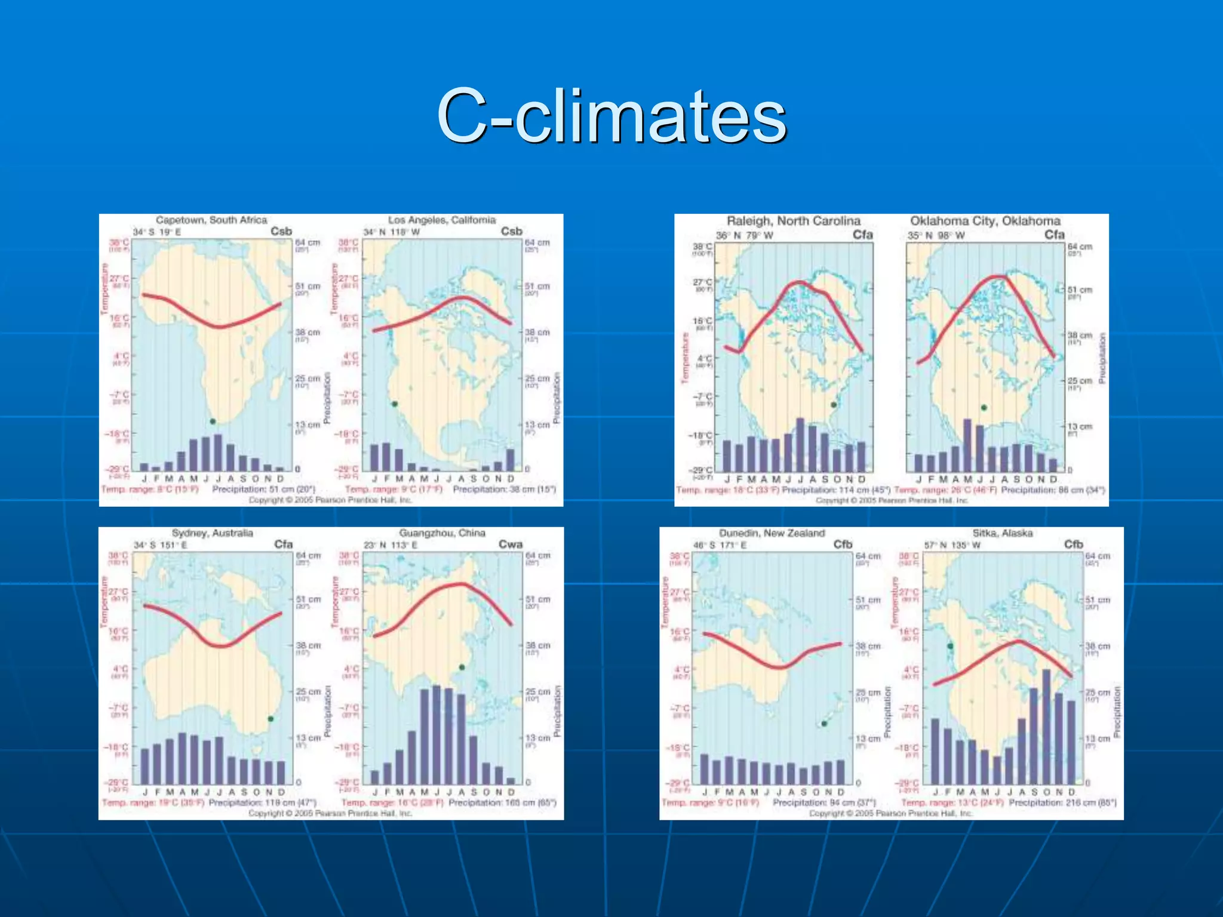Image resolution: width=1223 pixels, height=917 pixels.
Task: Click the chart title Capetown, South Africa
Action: [211, 220]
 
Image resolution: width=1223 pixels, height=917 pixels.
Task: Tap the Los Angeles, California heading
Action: [442, 220]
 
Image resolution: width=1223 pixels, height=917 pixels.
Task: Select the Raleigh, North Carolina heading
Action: [794, 221]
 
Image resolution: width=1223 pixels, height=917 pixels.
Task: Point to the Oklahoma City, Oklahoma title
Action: [985, 221]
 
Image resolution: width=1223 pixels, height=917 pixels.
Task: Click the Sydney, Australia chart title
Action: [212, 533]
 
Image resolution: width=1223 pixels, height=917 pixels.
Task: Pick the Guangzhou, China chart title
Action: [442, 533]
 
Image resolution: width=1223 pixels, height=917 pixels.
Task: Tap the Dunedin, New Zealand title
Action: [772, 533]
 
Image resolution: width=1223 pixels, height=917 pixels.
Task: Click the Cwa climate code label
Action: [511, 544]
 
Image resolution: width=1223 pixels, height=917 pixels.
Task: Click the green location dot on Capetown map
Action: [213, 421]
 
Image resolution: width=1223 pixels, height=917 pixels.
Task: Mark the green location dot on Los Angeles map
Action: [395, 404]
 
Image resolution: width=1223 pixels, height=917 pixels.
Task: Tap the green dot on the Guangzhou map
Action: [462, 667]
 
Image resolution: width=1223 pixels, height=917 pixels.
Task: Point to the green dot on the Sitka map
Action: [950, 646]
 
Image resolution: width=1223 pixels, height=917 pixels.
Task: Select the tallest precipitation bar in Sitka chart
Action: [1046, 727]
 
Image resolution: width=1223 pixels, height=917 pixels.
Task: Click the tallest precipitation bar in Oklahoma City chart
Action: [967, 445]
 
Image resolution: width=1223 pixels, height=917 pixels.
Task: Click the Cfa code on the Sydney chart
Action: [283, 544]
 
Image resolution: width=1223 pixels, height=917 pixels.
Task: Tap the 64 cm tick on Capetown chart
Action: [308, 243]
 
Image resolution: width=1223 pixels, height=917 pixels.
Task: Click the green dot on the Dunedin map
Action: [824, 724]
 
